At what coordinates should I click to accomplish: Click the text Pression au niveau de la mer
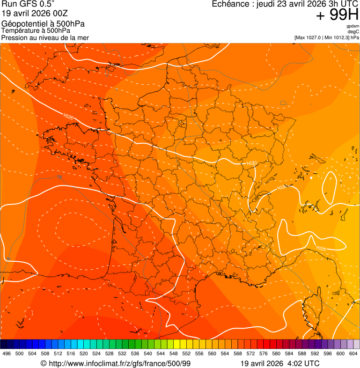[45, 37]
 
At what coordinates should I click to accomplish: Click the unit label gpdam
[353, 26]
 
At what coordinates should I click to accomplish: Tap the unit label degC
[353, 32]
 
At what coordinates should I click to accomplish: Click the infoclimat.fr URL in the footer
[119, 363]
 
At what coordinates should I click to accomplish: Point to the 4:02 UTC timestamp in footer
[304, 363]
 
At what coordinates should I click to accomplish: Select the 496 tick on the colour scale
[7, 353]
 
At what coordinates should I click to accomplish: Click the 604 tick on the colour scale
[353, 353]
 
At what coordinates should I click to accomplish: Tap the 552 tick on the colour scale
[186, 353]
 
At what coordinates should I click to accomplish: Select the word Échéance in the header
[230, 4]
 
